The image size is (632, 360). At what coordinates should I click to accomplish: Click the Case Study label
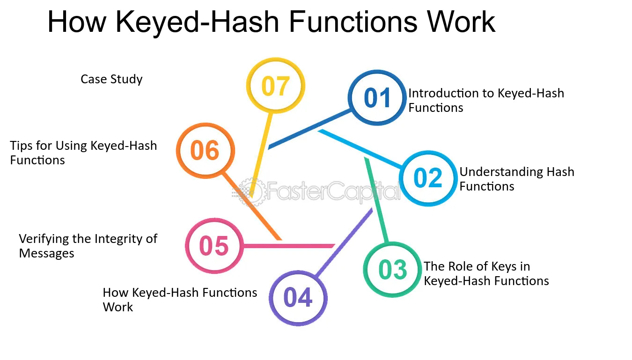coord(111,79)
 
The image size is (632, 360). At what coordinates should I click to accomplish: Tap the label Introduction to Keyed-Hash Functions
coord(486,101)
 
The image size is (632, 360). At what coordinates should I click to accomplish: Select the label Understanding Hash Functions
coord(517,179)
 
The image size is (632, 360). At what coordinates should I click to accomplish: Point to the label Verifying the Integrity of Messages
coord(88,246)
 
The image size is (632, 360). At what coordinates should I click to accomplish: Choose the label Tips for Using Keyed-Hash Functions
coord(83,153)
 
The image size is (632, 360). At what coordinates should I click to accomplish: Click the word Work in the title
coord(461,22)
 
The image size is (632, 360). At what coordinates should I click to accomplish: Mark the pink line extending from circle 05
coord(289,246)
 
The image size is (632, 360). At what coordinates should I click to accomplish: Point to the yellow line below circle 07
coord(262,155)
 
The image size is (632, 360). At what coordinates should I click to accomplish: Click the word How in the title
coord(77,22)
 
